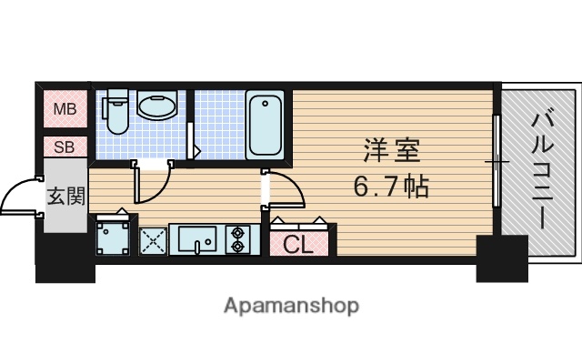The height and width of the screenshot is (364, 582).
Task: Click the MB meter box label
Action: pos(64,110)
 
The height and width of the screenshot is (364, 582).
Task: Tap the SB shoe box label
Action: pos(64,147)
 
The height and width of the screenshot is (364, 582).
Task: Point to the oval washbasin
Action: pos(156,107)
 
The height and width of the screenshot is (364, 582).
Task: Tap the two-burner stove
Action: pos(239,239)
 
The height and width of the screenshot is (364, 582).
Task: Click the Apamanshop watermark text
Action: pos(291,305)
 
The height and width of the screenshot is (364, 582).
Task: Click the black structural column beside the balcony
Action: pos(502,258)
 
